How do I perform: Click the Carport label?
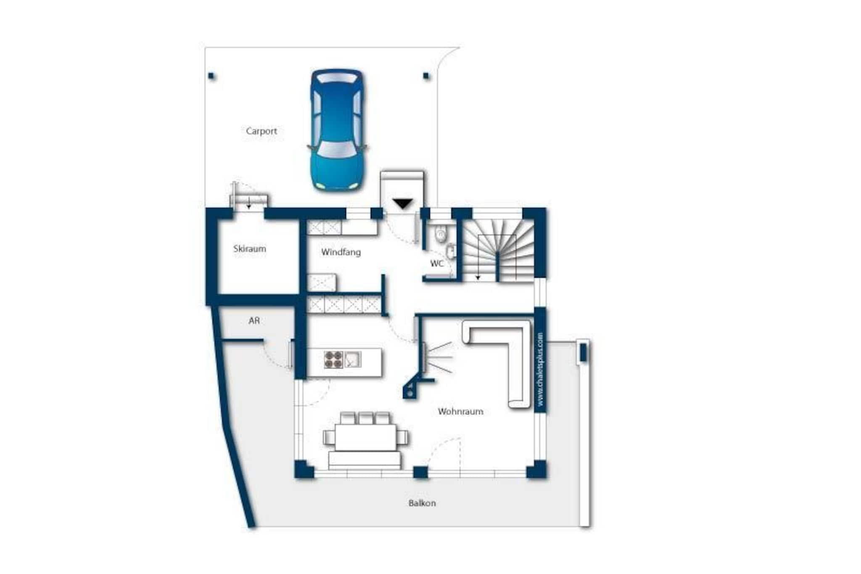click(x=261, y=131)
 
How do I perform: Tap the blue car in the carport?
click(x=337, y=130)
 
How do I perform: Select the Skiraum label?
click(x=250, y=249)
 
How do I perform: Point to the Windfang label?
click(x=341, y=252)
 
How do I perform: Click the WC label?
click(x=437, y=264)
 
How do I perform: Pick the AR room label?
click(x=254, y=321)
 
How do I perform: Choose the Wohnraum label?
click(x=460, y=411)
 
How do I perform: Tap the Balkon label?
click(x=422, y=503)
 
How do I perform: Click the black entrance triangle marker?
click(x=403, y=204)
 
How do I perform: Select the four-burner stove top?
click(x=333, y=360)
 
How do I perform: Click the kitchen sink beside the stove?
click(x=353, y=360)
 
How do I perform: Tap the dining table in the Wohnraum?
click(x=366, y=437)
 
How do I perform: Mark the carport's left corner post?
click(x=211, y=76)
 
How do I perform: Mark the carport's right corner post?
click(x=426, y=76)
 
